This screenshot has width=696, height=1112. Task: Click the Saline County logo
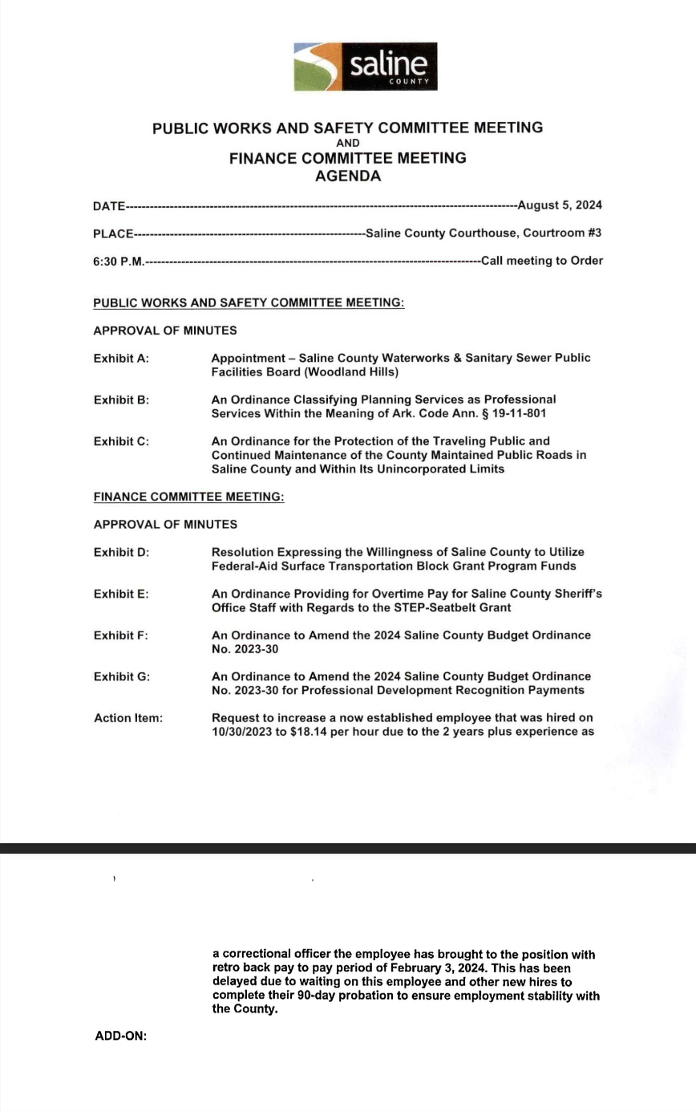tap(365, 67)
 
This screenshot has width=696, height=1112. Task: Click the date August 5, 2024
tap(560, 205)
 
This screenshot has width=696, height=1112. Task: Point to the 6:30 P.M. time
tap(118, 262)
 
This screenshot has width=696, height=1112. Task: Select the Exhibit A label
tap(121, 359)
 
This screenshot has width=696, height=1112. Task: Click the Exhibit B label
tap(121, 400)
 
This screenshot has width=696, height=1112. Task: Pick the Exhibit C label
tap(121, 441)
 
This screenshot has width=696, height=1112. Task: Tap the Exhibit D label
tap(121, 553)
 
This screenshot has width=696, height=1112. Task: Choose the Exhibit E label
tap(121, 595)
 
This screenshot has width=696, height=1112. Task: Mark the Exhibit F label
tap(121, 635)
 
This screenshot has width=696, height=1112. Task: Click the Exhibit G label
tap(122, 677)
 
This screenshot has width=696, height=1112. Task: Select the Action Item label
tap(128, 718)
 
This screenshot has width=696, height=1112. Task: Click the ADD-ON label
tap(121, 1036)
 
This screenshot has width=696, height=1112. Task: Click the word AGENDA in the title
tap(347, 177)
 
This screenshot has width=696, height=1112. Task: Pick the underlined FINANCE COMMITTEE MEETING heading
tap(188, 497)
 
